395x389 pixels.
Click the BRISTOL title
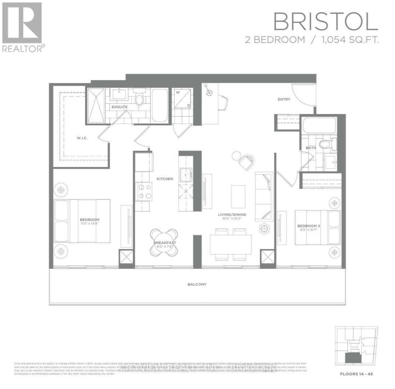tap(325, 22)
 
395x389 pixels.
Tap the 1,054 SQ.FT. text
tap(350, 40)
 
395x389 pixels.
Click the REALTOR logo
tap(23, 27)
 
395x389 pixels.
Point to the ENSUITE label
tap(119, 107)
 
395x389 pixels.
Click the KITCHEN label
tap(165, 179)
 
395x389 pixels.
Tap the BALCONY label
tap(197, 284)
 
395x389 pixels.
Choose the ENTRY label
tap(284, 99)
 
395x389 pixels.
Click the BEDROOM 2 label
tap(308, 226)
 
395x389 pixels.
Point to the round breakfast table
tap(165, 242)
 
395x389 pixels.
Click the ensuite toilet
tap(139, 98)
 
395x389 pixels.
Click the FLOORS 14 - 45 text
tap(356, 374)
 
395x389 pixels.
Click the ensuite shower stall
tap(96, 105)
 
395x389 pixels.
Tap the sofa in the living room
tap(264, 196)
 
